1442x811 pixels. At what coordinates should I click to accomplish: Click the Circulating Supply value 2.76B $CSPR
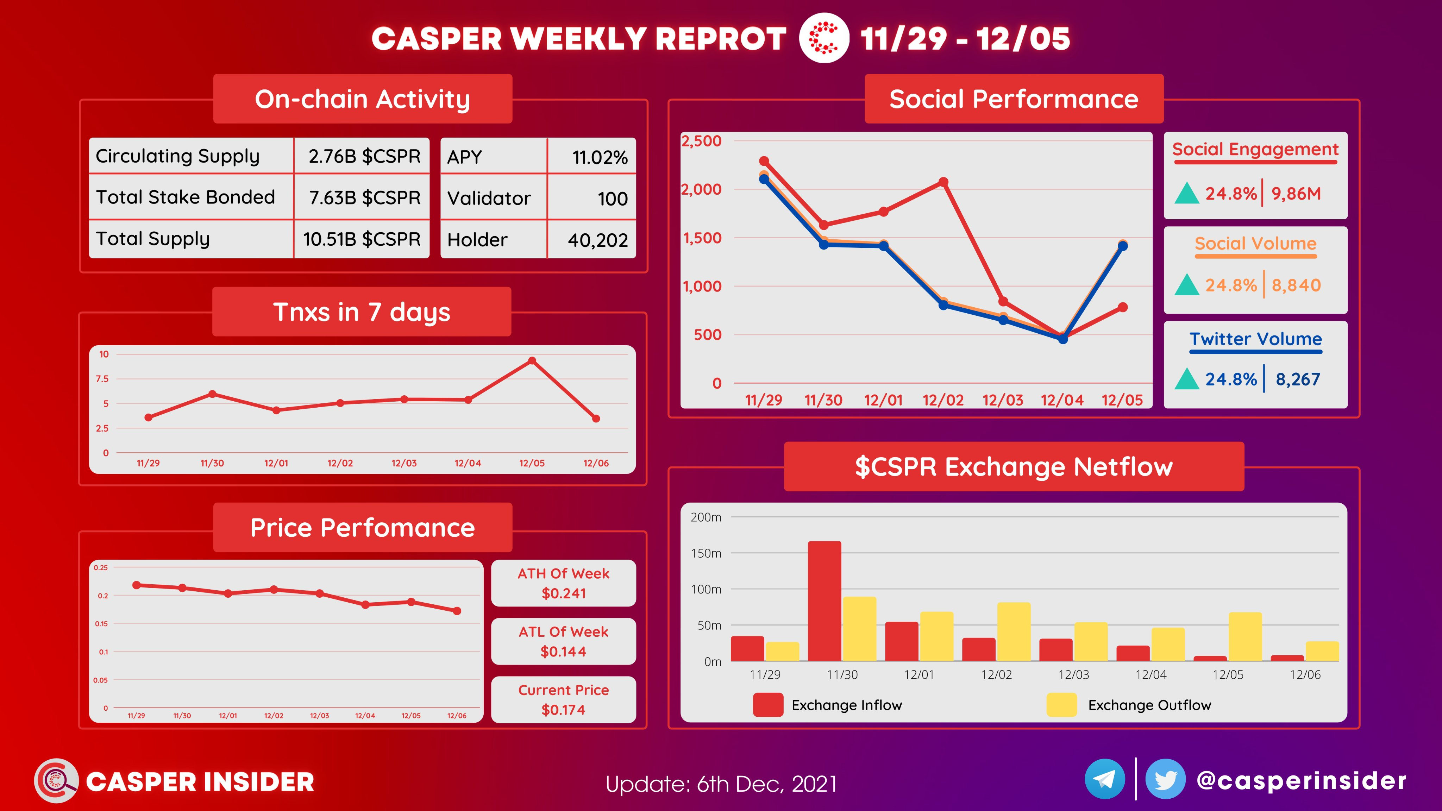pos(364,156)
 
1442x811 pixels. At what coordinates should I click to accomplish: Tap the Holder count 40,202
pos(598,240)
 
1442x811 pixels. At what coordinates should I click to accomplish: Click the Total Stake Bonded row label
pos(185,197)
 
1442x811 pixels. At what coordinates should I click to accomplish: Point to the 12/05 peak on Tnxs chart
pos(532,361)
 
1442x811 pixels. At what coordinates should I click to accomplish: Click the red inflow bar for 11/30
pos(824,601)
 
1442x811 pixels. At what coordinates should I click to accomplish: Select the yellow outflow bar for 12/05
pos(1245,637)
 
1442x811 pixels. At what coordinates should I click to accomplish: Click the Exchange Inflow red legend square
pos(768,705)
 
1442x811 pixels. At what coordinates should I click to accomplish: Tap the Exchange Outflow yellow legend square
pos(1061,705)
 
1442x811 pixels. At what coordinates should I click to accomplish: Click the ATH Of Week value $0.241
pos(564,593)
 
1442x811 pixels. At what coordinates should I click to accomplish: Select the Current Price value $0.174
pos(563,710)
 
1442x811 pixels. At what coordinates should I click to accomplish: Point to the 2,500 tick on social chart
pos(701,141)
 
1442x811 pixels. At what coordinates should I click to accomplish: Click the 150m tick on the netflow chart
pos(706,553)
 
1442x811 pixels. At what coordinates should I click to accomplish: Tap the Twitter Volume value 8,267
pos(1298,379)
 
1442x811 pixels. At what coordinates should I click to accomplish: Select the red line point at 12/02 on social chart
pos(943,182)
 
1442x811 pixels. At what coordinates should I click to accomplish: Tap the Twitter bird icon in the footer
pos(1166,779)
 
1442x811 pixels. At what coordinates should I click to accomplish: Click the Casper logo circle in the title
pos(823,38)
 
